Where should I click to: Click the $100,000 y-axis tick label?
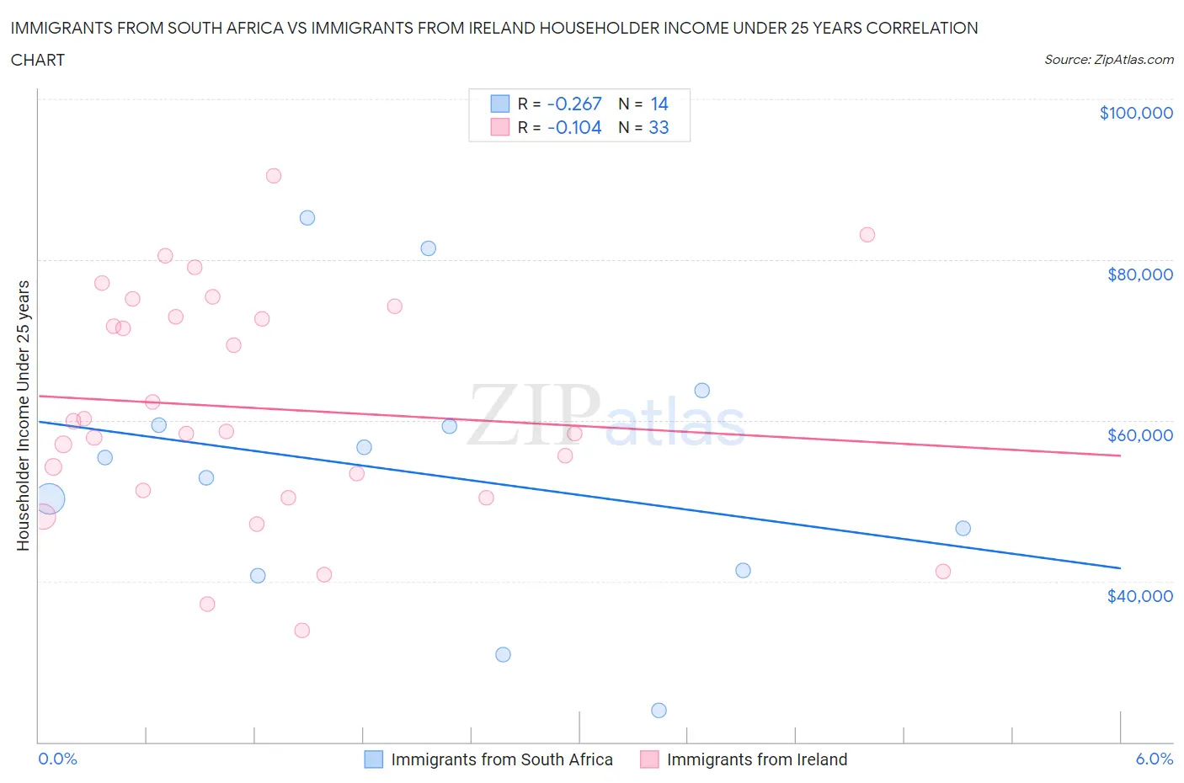(1135, 113)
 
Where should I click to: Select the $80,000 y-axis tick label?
(1139, 274)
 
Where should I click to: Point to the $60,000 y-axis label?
(1139, 434)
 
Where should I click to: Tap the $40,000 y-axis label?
(1139, 595)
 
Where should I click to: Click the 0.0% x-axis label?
(57, 759)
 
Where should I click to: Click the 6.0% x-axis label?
(1154, 759)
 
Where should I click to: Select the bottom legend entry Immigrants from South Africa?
(501, 759)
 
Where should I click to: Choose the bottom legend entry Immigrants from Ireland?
(756, 759)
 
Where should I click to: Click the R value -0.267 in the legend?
(574, 104)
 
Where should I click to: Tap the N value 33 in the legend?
(659, 127)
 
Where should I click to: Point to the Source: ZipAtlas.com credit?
(1108, 59)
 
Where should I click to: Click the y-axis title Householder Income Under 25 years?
(24, 415)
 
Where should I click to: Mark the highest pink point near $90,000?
(274, 176)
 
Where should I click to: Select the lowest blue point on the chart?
(659, 711)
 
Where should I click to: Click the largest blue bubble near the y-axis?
(49, 499)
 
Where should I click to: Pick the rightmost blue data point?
(963, 529)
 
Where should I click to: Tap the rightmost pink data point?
(943, 572)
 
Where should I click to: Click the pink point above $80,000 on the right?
(867, 235)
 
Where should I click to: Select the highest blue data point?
(307, 218)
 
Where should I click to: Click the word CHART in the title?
(38, 60)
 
